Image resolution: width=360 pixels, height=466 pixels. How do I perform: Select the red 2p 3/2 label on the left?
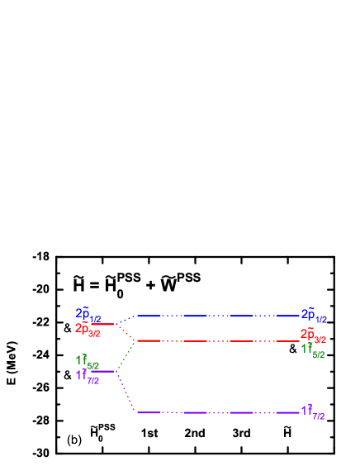coord(88,330)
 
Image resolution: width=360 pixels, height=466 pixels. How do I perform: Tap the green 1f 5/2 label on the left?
coord(88,362)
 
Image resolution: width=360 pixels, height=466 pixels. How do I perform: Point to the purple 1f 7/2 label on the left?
coord(88,378)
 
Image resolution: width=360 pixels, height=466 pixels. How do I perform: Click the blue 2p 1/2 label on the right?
coord(314,316)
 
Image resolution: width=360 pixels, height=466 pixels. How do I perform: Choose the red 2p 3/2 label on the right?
coord(313,335)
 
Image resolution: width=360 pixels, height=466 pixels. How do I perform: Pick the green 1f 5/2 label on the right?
coord(313,350)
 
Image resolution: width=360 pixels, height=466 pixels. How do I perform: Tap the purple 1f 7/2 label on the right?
coord(313,412)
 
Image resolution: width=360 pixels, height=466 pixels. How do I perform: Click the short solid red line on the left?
coord(105,324)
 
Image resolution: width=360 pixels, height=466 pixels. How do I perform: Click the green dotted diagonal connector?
coord(126,356)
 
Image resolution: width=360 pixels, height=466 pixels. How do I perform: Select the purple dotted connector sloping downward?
coord(126,392)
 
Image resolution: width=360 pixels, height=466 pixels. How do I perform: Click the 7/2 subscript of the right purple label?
coord(320,416)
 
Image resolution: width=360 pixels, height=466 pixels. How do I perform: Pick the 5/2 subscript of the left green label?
coord(93,366)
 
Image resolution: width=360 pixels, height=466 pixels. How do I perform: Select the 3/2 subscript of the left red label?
coord(94,334)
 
